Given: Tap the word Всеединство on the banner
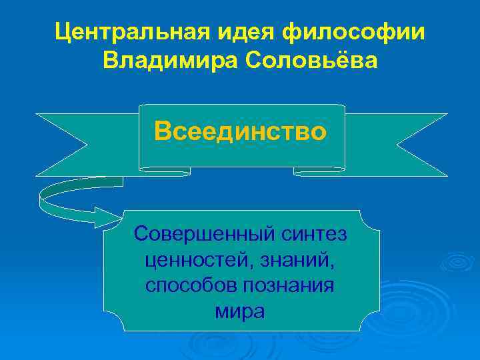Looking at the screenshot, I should [241, 131].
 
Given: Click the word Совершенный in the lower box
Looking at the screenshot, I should [200, 234].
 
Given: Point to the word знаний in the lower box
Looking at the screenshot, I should [299, 259].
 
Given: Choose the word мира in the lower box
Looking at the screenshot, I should [240, 311].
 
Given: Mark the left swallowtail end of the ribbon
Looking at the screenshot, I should [63, 143].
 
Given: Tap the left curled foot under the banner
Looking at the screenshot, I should [164, 171].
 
